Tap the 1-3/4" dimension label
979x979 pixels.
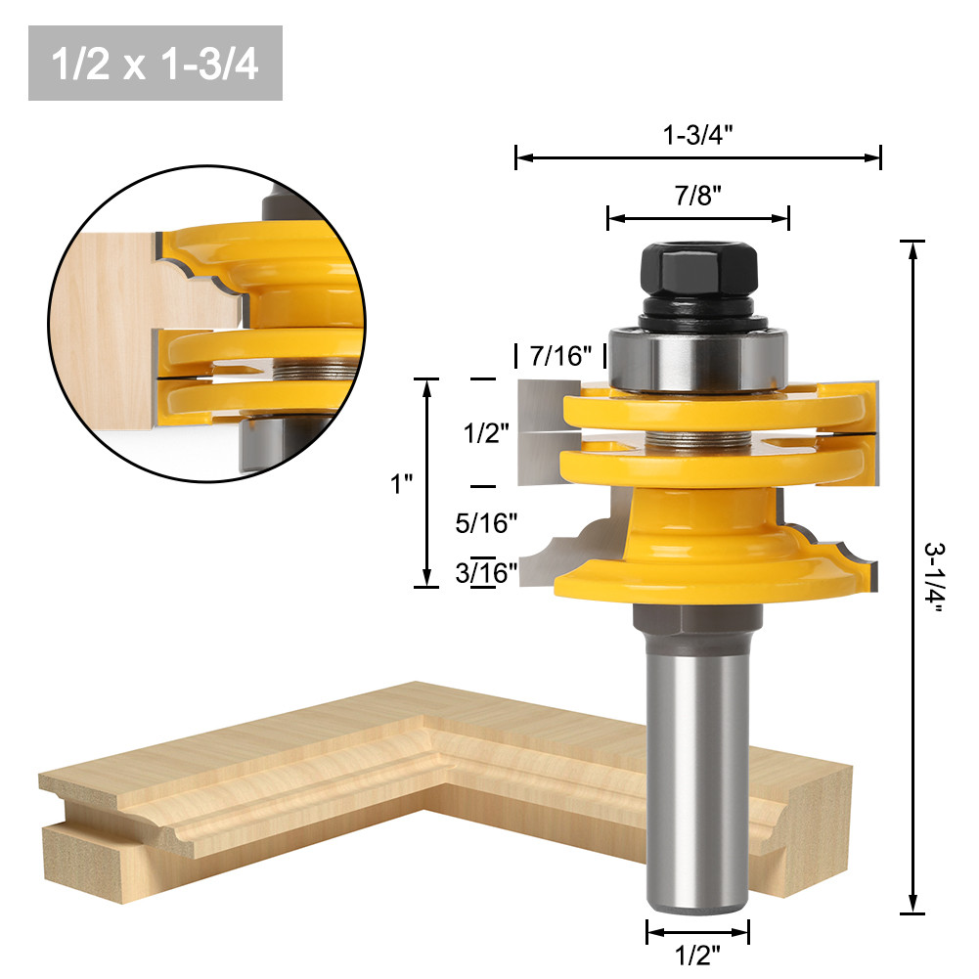pos(698,136)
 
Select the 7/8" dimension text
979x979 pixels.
pos(697,195)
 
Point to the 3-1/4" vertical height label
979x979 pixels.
pos(937,577)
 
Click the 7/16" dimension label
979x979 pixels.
pos(561,356)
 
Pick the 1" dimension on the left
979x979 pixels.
pos(402,483)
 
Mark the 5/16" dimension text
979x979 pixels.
pos(486,523)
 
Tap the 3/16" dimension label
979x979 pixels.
pos(486,572)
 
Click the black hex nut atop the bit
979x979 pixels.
pos(698,273)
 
